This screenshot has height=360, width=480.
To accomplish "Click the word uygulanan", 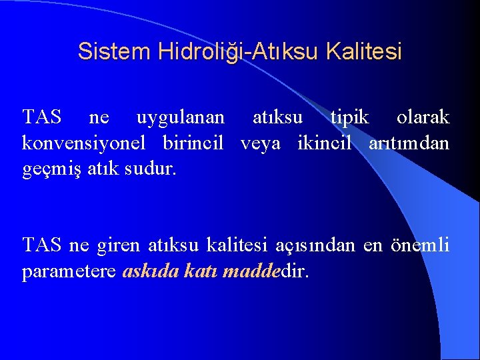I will [x=180, y=118].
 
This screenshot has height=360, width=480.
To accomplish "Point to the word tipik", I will [x=349, y=118].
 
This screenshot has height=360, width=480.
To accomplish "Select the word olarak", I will [x=423, y=118].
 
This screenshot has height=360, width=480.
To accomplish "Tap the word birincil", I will [x=193, y=143].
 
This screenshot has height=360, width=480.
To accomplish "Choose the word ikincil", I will [x=322, y=143].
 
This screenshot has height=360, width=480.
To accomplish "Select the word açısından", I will [x=315, y=245].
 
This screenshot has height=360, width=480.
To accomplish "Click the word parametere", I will [x=70, y=271].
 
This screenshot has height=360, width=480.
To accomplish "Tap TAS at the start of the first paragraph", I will [x=41, y=118].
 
